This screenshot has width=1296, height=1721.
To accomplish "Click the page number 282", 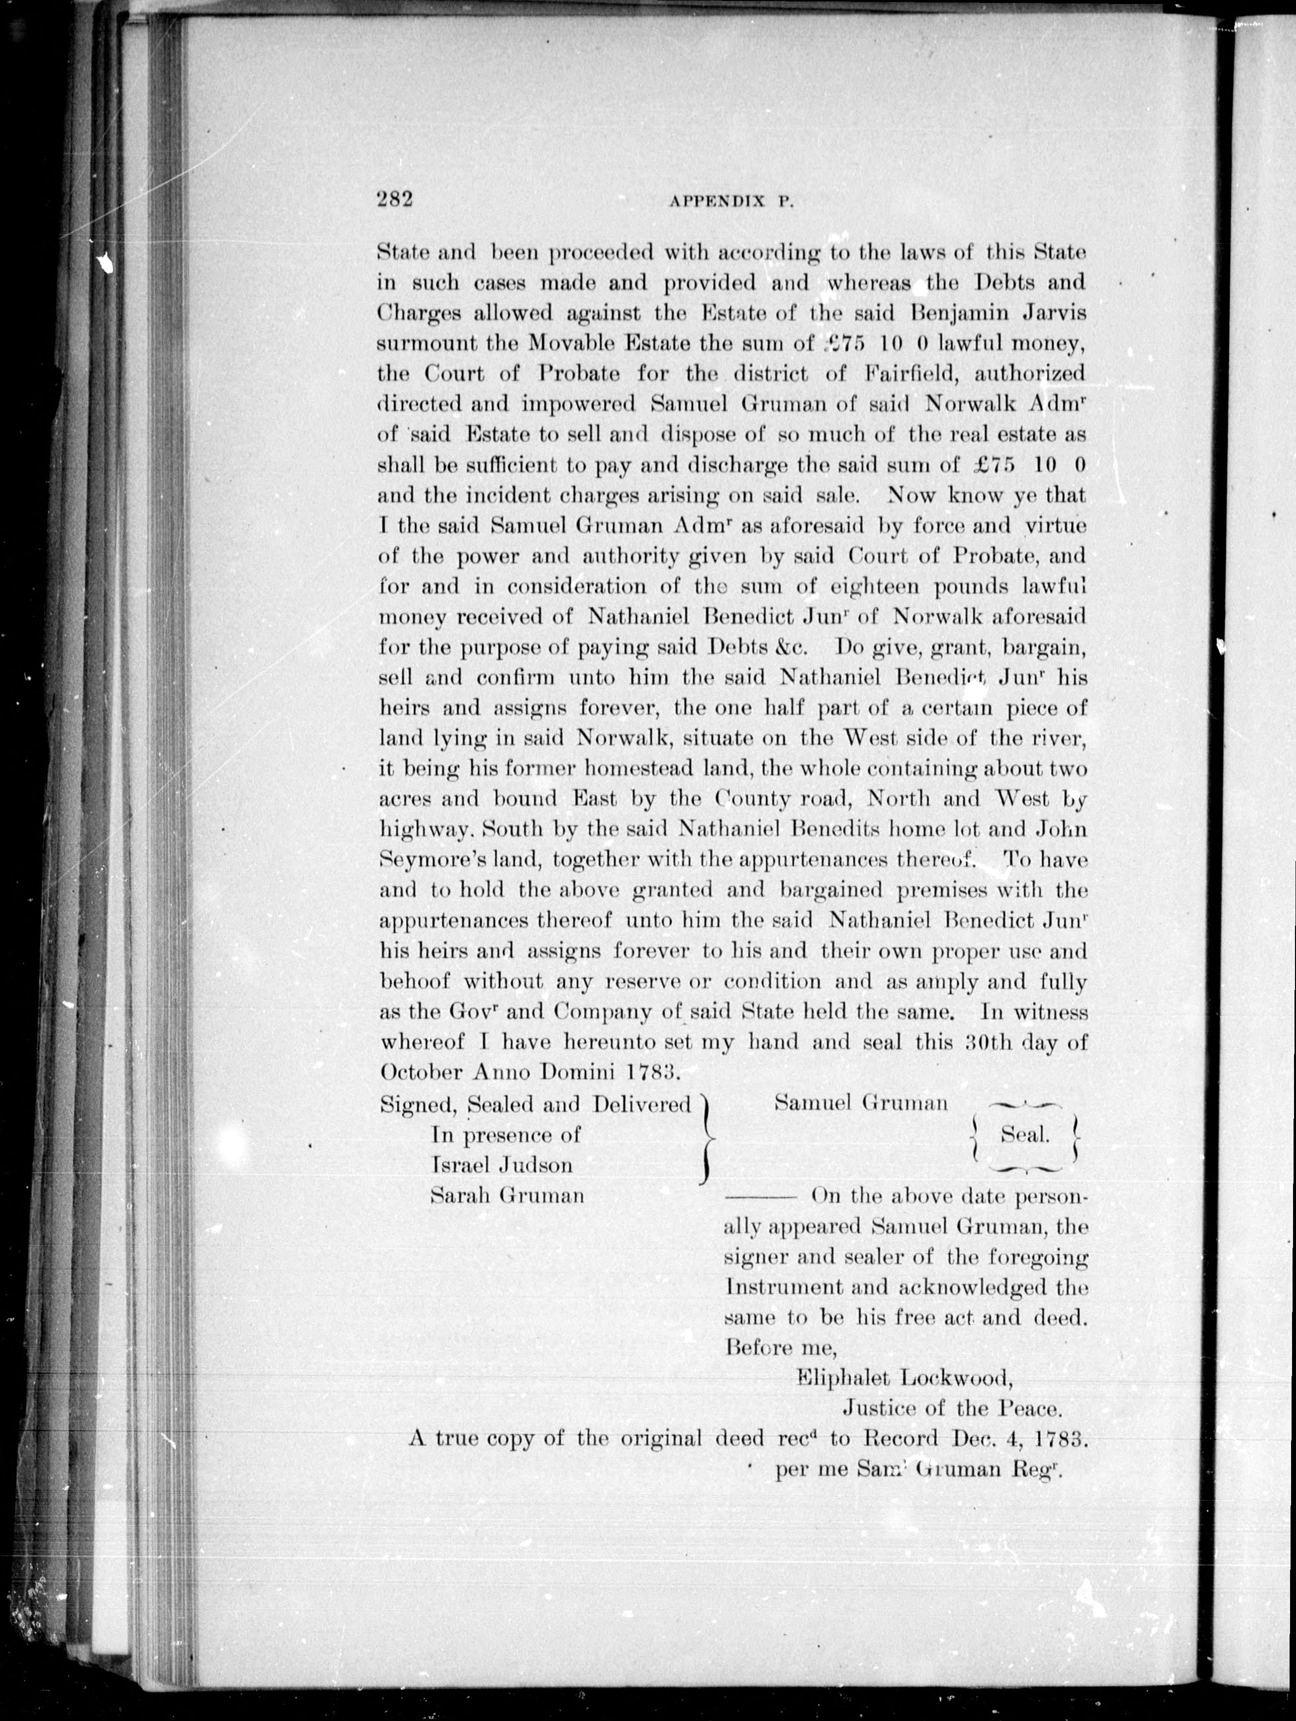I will pyautogui.click(x=394, y=200).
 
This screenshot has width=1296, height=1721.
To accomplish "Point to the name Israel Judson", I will pyautogui.click(x=502, y=1165).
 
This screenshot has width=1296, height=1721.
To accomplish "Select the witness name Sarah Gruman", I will pyautogui.click(x=507, y=1195).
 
